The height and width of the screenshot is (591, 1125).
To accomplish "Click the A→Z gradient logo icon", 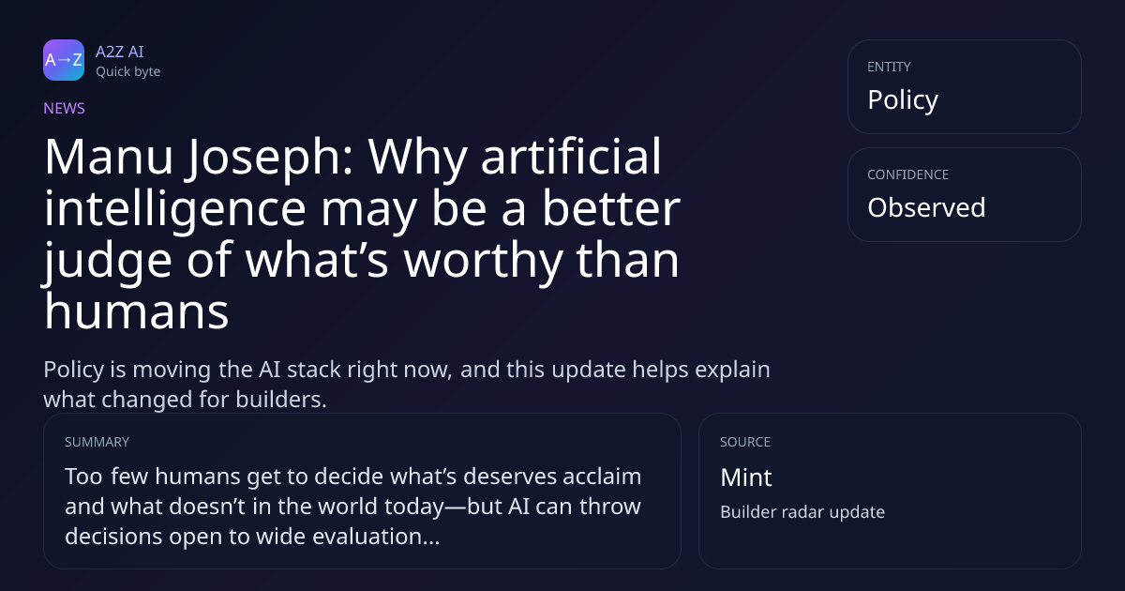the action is click(64, 60).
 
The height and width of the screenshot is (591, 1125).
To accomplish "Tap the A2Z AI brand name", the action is click(120, 52).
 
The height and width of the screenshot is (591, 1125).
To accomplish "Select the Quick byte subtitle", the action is click(128, 72).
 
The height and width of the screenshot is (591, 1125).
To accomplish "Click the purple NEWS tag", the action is click(65, 108).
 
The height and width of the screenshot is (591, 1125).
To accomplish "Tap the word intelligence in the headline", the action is click(175, 210).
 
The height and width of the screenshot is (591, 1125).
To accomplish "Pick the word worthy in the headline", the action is click(483, 262).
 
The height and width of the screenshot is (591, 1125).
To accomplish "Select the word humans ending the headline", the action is click(137, 311).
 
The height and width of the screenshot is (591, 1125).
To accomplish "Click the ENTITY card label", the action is click(889, 67).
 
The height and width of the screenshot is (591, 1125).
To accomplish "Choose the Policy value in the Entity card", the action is click(903, 100).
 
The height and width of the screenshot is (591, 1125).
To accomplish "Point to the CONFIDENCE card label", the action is click(908, 174).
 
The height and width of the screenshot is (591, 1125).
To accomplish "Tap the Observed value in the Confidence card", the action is click(926, 207).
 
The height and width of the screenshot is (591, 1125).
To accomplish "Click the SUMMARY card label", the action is click(97, 442).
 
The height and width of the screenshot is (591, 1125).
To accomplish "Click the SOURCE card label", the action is click(745, 442).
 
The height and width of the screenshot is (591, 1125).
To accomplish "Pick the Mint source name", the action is click(746, 477).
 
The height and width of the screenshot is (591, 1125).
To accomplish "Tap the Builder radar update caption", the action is click(802, 512).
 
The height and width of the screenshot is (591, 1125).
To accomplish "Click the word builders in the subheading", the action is click(280, 400).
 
